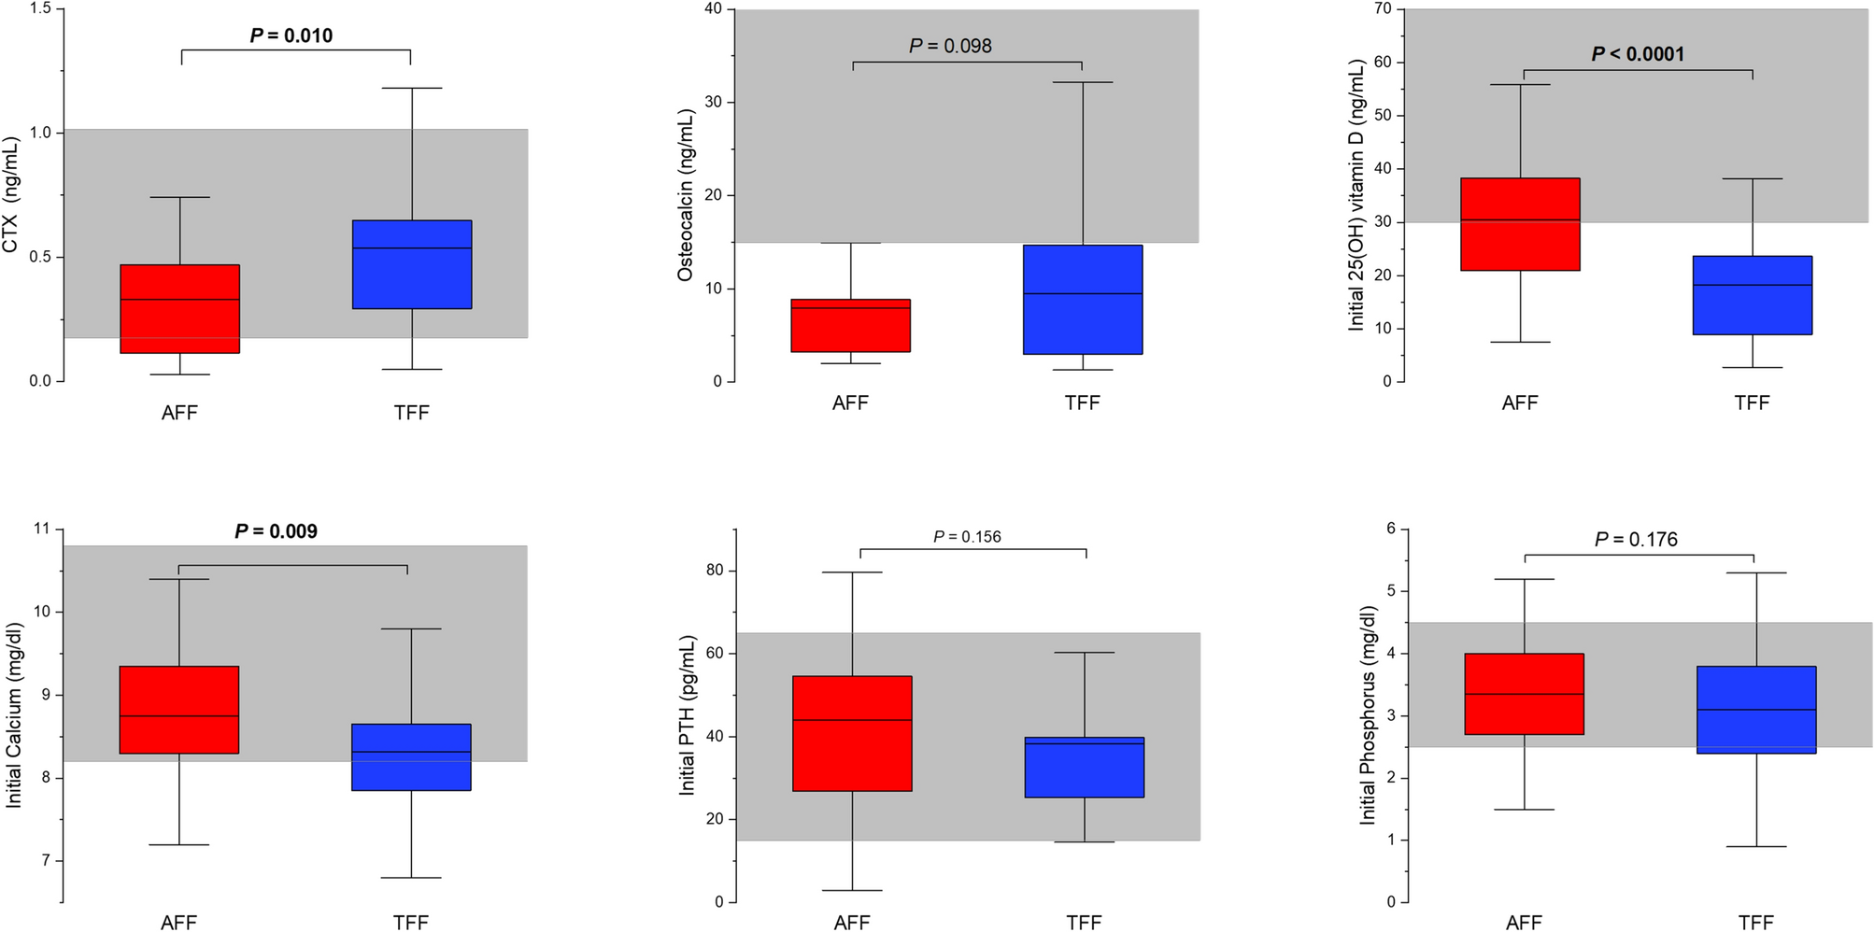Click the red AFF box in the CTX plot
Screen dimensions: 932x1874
tap(179, 309)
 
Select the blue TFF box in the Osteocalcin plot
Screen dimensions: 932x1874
tap(1083, 300)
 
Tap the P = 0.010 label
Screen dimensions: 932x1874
tap(291, 35)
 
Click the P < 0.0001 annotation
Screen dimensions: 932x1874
tap(1638, 54)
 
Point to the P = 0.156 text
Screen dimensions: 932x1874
tap(967, 537)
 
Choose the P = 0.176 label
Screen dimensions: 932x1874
tap(1636, 540)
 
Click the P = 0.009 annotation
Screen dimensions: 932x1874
tap(276, 531)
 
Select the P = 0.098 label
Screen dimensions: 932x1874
tap(950, 46)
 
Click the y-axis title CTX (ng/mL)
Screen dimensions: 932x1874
tap(11, 195)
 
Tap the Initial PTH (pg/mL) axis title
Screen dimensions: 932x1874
tap(688, 715)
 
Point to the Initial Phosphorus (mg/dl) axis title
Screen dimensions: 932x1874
tap(1368, 715)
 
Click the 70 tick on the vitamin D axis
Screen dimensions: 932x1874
tap(1383, 9)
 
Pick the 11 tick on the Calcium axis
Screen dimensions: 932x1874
tap(42, 530)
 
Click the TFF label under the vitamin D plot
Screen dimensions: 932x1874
tap(1752, 402)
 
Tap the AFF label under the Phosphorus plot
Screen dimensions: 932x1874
tap(1524, 923)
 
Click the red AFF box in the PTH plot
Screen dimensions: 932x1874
tap(852, 733)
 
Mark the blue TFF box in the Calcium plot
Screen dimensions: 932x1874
tap(411, 757)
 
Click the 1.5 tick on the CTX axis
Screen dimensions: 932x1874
tap(39, 9)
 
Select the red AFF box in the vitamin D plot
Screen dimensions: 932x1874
tap(1520, 224)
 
